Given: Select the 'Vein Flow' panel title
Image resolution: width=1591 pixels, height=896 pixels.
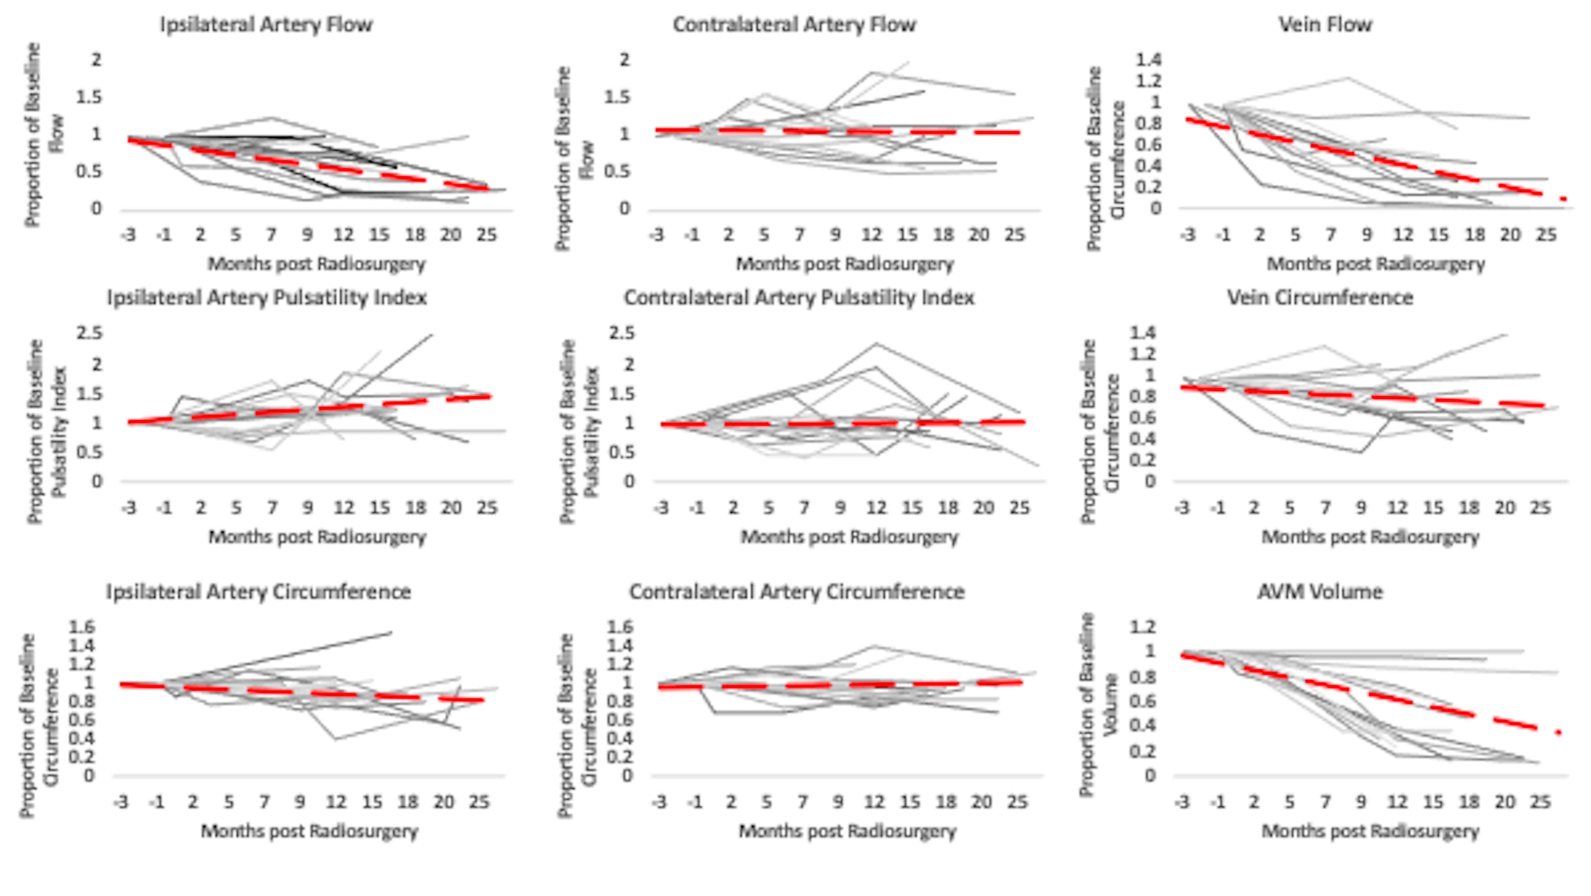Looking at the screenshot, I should pos(1325,25).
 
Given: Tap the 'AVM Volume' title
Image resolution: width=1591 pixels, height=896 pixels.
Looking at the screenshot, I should pos(1320,592).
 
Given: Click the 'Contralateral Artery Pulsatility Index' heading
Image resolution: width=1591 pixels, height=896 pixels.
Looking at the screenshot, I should pos(799,298).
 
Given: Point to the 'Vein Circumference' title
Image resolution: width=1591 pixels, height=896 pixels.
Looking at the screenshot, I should pos(1320,298).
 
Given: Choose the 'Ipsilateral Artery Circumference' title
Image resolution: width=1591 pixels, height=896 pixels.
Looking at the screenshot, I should pos(258,592).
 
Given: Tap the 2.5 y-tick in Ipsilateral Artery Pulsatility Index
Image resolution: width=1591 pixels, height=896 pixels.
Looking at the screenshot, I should pos(89,333).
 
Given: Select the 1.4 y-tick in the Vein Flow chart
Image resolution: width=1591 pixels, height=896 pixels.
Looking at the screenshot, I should pos(1148,60).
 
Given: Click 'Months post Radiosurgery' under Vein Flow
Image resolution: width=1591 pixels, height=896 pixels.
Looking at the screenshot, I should pos(1376,264).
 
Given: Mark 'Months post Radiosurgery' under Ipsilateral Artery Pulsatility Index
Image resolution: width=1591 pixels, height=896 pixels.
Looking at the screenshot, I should pos(317,537).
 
